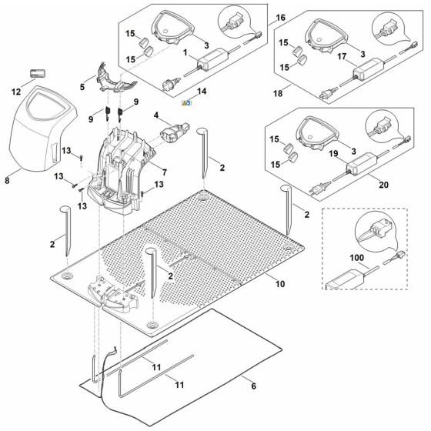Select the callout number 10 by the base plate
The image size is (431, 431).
tap(281, 284)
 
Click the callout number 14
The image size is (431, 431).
tap(202, 92)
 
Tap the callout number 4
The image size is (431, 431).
tap(157, 116)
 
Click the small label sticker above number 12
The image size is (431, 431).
tap(35, 73)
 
